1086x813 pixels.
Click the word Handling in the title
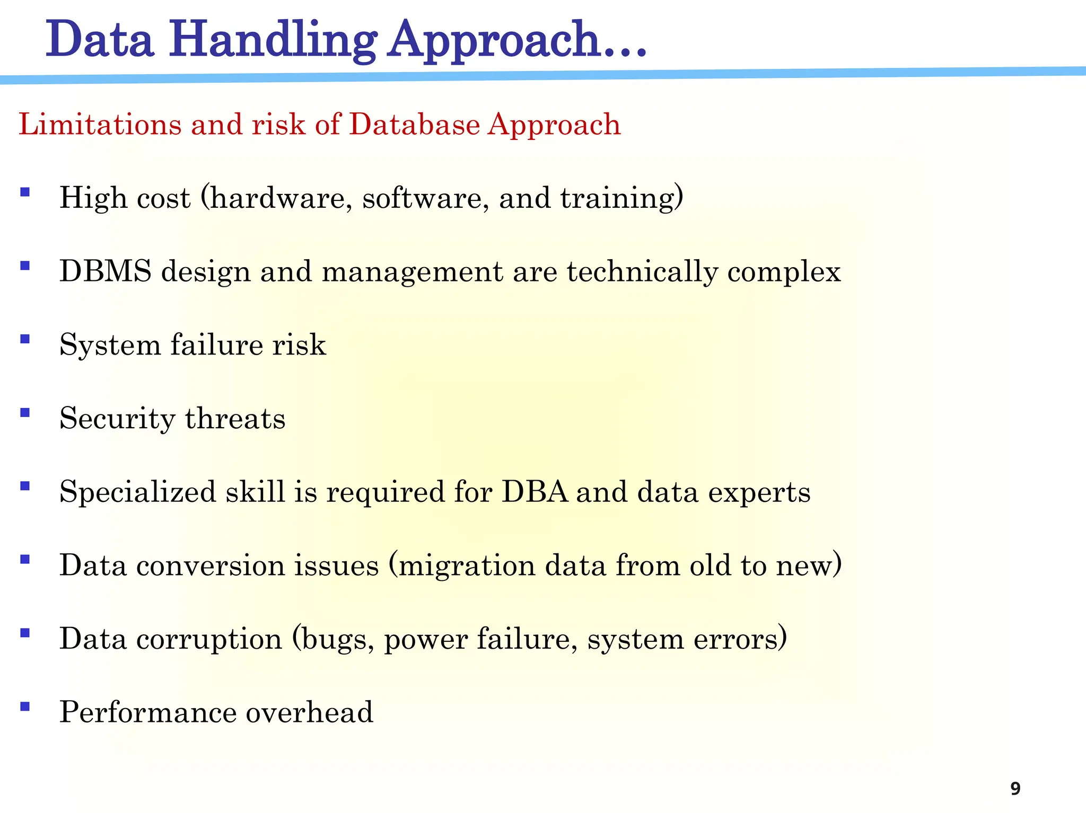tap(273, 40)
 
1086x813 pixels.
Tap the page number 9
tap(1015, 789)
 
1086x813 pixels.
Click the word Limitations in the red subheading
tap(100, 125)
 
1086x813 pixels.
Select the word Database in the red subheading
tap(415, 125)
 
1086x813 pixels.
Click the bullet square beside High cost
tap(24, 191)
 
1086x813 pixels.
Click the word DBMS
tap(105, 271)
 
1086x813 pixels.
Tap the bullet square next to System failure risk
tap(24, 339)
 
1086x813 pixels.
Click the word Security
tap(117, 419)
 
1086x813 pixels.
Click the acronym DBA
tap(535, 492)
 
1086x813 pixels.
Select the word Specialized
tap(138, 492)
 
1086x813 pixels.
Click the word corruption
tap(209, 639)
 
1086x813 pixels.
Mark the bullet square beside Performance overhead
tap(24, 706)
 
